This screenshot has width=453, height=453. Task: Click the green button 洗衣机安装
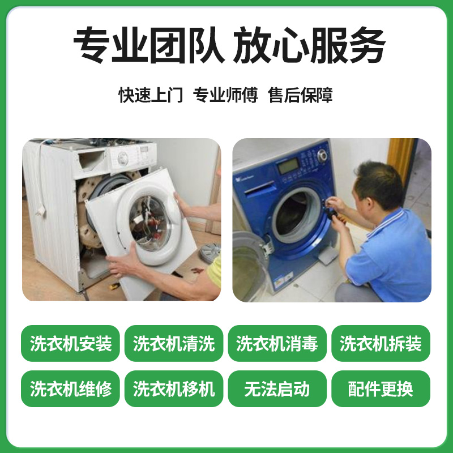[x=70, y=343]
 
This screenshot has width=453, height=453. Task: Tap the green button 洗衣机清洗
[x=174, y=343]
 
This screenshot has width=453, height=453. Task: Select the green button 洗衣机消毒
[x=277, y=343]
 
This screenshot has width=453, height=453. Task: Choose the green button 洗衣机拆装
[x=381, y=343]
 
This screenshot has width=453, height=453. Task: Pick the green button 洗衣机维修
[x=70, y=388]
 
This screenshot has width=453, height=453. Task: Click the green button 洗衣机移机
[x=174, y=388]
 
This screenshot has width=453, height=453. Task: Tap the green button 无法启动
[x=277, y=388]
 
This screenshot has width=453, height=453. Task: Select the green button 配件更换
[x=381, y=388]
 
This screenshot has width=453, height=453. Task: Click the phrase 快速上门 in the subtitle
[x=151, y=95]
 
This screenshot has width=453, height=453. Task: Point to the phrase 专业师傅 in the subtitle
[x=225, y=95]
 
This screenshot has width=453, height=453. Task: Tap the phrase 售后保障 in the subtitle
[x=300, y=95]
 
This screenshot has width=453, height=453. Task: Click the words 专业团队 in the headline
[x=149, y=45]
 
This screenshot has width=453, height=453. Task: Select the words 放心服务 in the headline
[x=309, y=45]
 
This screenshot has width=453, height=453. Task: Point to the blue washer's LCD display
[x=288, y=166]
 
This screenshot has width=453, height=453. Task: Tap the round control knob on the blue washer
[x=322, y=155]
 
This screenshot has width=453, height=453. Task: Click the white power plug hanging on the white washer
[x=41, y=211]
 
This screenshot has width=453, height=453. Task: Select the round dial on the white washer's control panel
[x=123, y=159]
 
